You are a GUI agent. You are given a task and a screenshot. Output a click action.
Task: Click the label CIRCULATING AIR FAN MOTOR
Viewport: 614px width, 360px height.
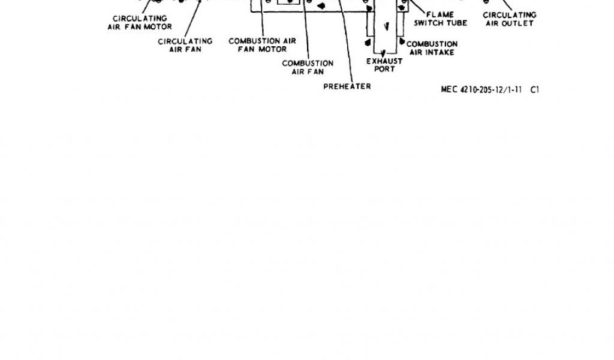(140, 23)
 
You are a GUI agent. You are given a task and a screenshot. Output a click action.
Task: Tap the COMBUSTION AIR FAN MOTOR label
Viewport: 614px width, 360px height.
(262, 45)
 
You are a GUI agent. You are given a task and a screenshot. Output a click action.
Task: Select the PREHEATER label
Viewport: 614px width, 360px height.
(347, 86)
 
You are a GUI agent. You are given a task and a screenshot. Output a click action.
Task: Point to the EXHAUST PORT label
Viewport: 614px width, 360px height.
(384, 65)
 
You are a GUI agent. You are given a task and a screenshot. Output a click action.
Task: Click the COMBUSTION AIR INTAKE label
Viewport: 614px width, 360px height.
(432, 48)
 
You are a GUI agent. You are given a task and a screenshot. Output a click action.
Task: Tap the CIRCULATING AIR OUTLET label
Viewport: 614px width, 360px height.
(509, 19)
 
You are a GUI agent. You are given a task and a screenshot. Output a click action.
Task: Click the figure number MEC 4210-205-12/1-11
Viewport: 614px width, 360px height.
(481, 89)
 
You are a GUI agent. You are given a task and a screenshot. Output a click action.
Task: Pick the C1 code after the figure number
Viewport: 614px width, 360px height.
(535, 89)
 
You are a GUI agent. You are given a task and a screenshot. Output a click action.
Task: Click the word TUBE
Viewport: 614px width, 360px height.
(457, 23)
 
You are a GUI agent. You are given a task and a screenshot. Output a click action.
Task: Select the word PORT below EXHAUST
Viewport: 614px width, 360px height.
(384, 69)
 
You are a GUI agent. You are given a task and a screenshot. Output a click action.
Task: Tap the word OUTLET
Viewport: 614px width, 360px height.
(519, 23)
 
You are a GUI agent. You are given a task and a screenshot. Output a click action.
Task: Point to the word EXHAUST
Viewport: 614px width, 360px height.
(384, 61)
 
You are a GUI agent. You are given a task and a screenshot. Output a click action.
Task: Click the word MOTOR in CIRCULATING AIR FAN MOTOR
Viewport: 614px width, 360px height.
(159, 27)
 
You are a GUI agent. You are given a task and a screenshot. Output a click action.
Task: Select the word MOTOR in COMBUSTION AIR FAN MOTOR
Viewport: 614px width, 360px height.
(273, 49)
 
